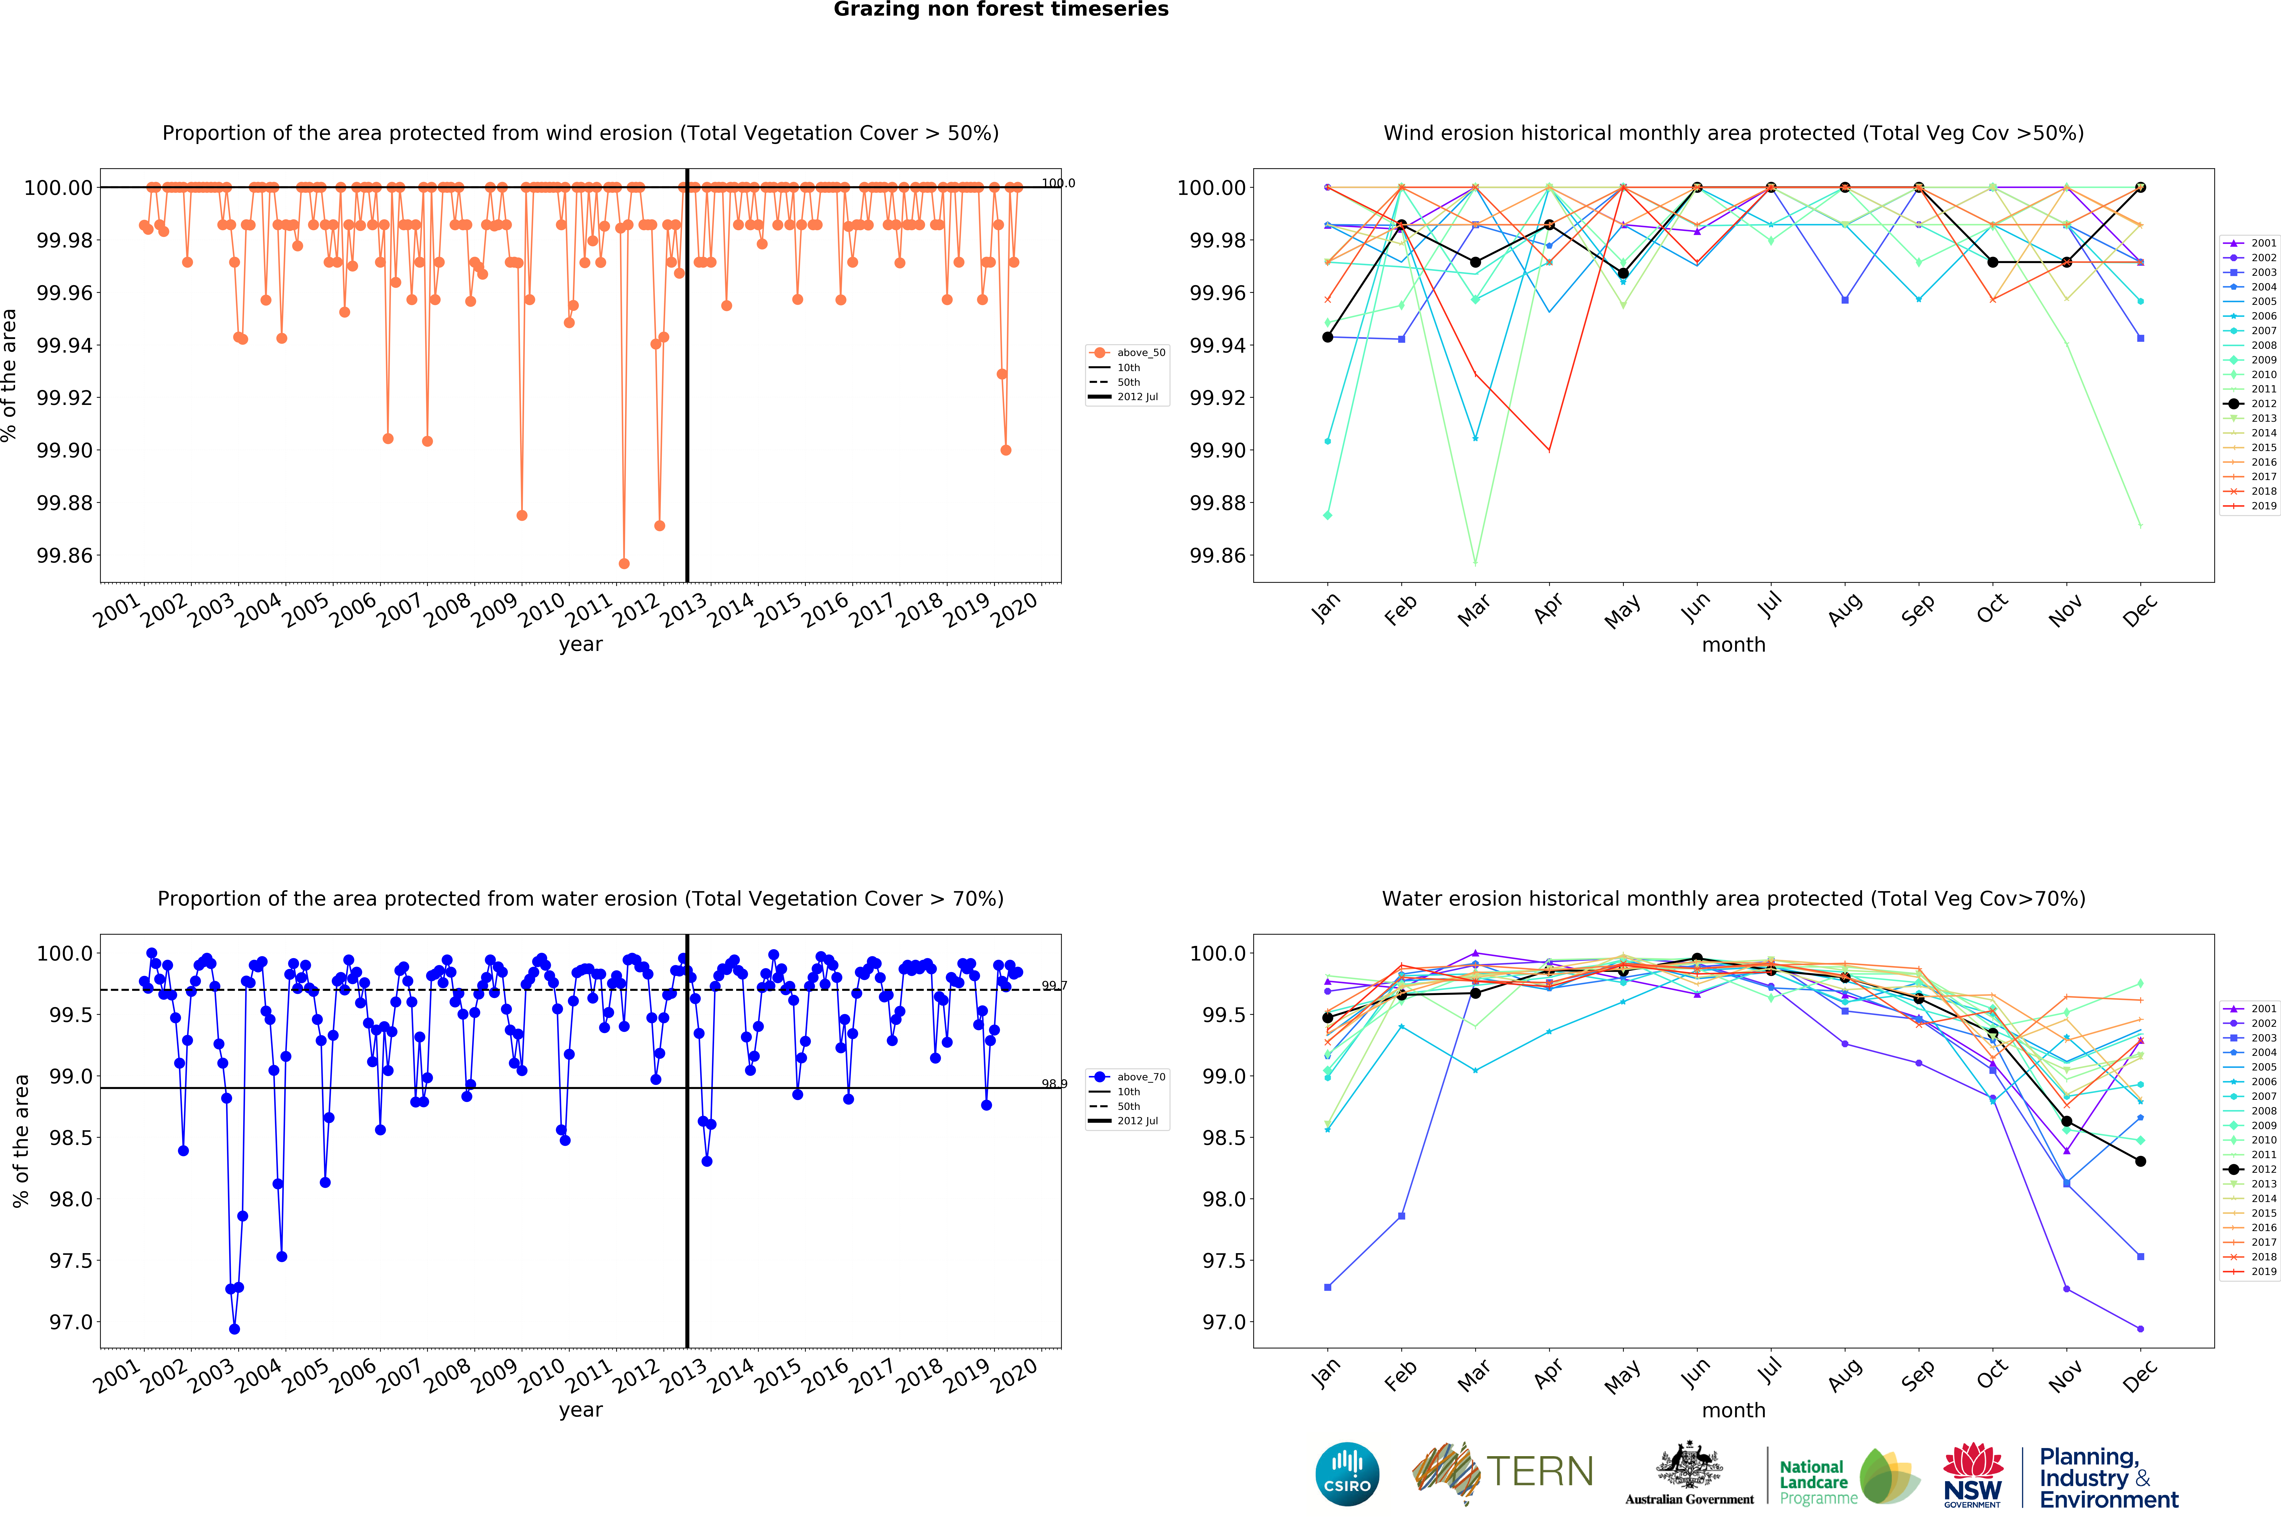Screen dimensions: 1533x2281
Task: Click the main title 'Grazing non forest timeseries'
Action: pyautogui.click(x=1001, y=10)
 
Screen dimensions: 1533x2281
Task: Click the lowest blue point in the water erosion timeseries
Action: pyautogui.click(x=234, y=1329)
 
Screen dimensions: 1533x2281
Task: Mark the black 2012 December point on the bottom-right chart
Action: pyautogui.click(x=2140, y=1161)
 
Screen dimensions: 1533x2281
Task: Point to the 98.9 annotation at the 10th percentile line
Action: pyautogui.click(x=1054, y=1083)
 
